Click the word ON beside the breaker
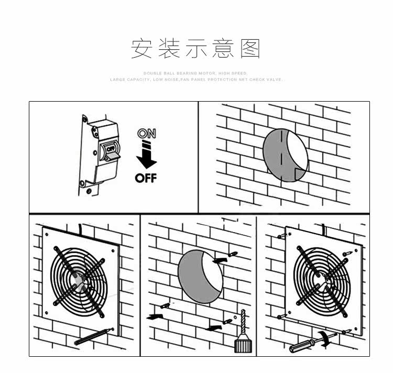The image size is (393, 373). [x=146, y=134]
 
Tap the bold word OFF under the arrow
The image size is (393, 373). [x=146, y=178]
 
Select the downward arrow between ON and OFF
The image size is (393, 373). [x=146, y=155]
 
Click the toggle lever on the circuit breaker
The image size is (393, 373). [x=110, y=149]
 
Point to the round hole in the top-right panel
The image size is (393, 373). [x=285, y=154]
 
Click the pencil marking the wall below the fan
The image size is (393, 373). [x=94, y=336]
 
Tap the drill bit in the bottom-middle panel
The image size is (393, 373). [x=243, y=324]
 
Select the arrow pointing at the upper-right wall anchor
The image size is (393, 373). [x=221, y=258]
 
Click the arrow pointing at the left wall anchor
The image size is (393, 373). [x=156, y=316]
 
